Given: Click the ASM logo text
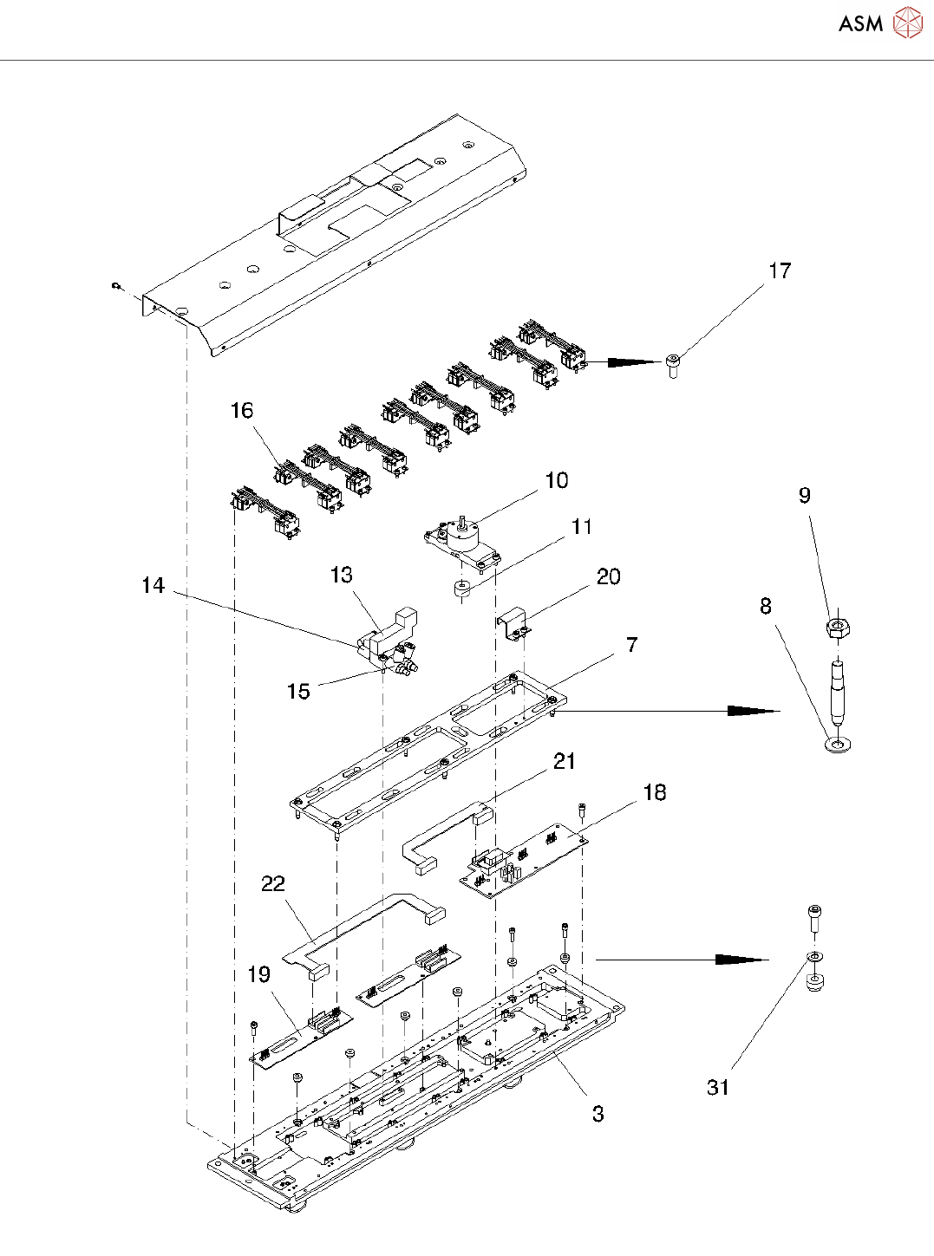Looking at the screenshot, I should click(x=860, y=24).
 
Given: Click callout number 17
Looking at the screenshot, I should click(x=780, y=271).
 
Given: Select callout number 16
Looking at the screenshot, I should click(x=242, y=410).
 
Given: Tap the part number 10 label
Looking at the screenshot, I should click(x=557, y=480).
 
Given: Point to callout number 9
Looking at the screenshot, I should click(x=805, y=495).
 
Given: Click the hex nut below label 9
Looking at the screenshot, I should click(x=837, y=627).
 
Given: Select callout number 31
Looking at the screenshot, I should click(x=718, y=1088).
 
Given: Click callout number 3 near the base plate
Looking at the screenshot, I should click(x=598, y=1114).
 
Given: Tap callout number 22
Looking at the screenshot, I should click(x=273, y=883).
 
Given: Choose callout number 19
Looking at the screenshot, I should click(x=259, y=974).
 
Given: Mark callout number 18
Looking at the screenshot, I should click(x=655, y=792).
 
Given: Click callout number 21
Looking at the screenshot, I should click(x=565, y=761).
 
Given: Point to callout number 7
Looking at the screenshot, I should click(x=632, y=645).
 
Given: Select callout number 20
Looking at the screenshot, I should click(x=609, y=576).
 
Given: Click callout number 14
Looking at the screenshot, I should click(x=153, y=586).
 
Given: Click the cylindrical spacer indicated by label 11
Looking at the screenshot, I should click(x=460, y=590).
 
